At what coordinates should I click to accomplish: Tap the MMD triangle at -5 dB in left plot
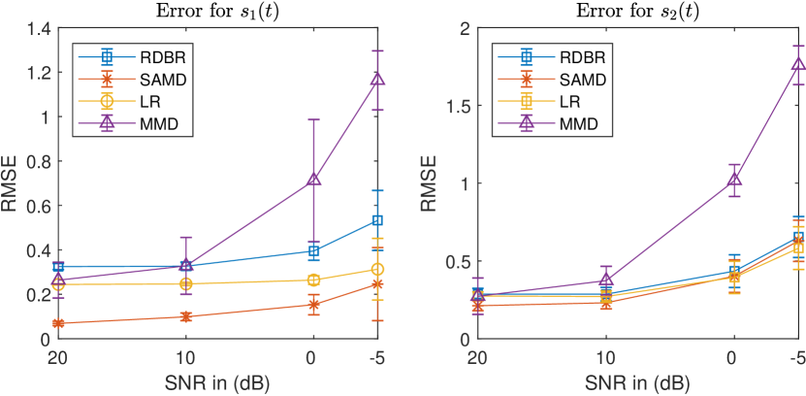pos(378,79)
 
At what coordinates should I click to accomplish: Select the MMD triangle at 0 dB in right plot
pos(734,180)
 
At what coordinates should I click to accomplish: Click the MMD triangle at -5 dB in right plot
pos(798,64)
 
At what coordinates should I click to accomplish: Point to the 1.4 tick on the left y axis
pos(36,28)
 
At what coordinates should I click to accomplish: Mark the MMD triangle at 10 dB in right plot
pos(605,280)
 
